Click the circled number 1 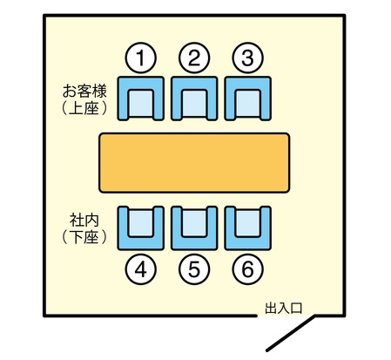141,58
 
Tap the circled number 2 194,58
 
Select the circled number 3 247,58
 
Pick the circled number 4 141,269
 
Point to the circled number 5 194,269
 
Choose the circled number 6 247,269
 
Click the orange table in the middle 194,163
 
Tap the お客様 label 84,91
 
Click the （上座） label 84,108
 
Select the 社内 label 84,221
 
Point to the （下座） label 84,237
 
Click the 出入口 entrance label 284,308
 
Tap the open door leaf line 291,333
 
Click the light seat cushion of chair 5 194,223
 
